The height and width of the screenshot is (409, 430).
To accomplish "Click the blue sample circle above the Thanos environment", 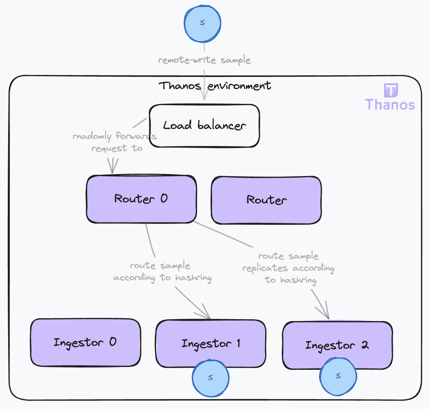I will pos(203,23).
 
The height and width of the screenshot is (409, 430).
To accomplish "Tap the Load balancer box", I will pos(204,125).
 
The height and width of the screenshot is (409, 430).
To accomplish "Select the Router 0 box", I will pos(141,199).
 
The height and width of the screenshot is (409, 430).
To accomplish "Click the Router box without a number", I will pos(266,200).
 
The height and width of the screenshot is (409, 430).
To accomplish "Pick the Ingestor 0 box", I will pos(85,342).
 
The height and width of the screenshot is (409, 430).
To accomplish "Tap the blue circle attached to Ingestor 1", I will pos(210,378).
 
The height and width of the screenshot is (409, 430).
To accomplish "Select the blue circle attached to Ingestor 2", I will pos(338,377).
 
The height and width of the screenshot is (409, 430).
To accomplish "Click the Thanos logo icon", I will pos(391,90).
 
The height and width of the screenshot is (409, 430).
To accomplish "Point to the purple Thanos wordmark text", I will pos(390,105).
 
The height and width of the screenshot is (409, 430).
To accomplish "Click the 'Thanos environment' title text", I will pos(215,86).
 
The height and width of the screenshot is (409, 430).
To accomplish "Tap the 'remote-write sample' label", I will pos(204,60).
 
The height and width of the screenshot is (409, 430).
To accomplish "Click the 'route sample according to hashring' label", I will pos(162,272).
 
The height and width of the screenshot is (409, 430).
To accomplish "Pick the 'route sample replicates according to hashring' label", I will pos(288,268).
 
